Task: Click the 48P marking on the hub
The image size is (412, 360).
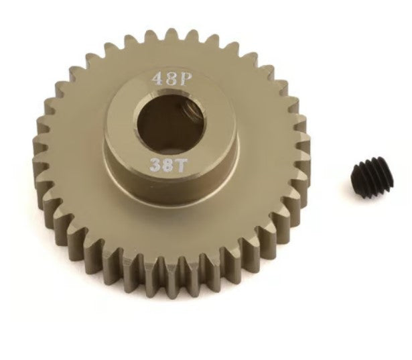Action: pyautogui.click(x=169, y=78)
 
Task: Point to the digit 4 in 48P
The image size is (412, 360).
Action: pyautogui.click(x=157, y=78)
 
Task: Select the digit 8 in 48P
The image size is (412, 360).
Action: pyautogui.click(x=169, y=78)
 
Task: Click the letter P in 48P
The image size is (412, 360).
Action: pyautogui.click(x=182, y=78)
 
